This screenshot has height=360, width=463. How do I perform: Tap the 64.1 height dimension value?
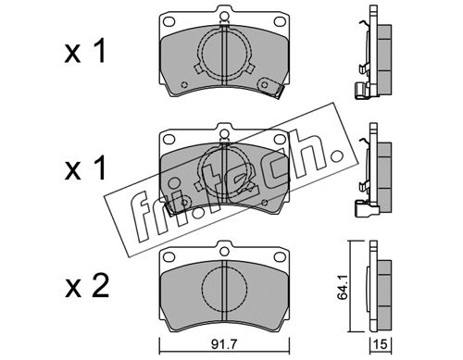point(343,288)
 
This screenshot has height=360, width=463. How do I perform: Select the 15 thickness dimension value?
point(381,344)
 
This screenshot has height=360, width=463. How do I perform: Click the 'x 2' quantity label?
point(87,286)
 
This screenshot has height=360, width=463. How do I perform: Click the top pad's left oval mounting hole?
point(169,21)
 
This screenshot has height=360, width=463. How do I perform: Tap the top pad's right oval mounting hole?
point(280,21)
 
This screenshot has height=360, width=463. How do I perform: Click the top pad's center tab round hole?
point(225,16)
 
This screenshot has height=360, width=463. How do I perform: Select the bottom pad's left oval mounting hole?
point(169,256)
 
